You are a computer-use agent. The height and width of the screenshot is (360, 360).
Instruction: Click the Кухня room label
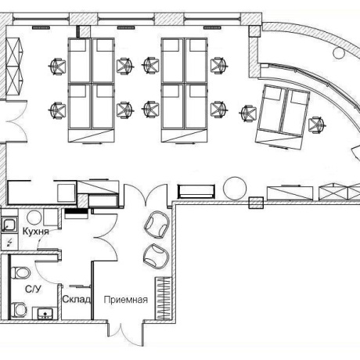36,232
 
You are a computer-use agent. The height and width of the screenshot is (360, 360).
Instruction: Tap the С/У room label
33,289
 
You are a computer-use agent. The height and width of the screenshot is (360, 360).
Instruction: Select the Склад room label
77,299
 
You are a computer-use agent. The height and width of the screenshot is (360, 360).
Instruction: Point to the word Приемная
126,300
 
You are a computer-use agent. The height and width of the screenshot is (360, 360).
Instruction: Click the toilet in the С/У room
20,272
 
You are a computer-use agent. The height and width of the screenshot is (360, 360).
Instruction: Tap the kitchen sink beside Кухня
9,225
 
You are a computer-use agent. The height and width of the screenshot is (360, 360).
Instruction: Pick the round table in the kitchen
34,218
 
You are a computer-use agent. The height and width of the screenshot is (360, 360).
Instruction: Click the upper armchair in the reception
157,225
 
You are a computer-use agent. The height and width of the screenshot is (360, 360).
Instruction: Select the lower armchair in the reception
156,256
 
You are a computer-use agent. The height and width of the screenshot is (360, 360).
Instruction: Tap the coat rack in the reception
164,298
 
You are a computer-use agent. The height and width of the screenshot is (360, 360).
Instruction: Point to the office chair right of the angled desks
317,125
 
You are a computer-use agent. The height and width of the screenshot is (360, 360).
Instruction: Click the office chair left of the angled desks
248,113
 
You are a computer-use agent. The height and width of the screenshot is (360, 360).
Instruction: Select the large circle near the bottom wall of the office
235,189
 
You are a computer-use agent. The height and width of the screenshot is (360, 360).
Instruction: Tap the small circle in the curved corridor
339,53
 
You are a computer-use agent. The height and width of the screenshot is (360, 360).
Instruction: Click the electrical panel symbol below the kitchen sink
10,243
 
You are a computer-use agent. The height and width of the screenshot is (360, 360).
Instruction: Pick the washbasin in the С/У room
45,314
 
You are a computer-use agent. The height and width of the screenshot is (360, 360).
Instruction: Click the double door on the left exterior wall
16,121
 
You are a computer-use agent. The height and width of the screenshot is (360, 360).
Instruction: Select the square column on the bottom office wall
256,203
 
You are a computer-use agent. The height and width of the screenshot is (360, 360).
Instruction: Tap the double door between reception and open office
146,194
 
